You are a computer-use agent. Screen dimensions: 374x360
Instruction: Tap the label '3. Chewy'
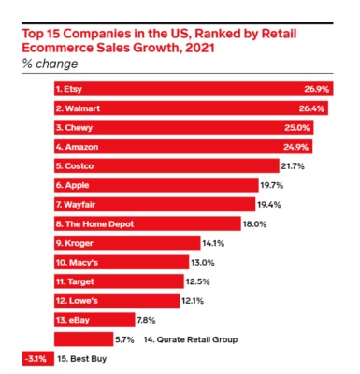tap(79, 127)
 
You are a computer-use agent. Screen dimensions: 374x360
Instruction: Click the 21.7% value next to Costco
tap(292, 166)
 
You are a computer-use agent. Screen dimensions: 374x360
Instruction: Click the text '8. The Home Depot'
tap(99, 223)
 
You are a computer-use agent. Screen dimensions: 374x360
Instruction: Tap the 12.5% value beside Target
tap(198, 281)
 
